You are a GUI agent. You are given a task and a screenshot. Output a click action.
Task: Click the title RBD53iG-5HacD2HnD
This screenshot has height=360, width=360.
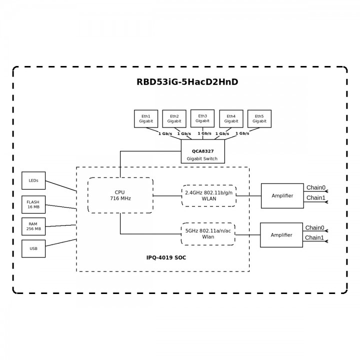(x=187, y=82)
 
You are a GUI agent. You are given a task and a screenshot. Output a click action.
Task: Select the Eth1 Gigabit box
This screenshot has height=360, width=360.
(x=146, y=118)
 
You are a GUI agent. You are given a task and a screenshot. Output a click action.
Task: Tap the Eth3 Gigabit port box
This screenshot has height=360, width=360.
(x=202, y=118)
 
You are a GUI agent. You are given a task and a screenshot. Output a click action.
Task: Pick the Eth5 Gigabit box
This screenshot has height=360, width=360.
(x=259, y=118)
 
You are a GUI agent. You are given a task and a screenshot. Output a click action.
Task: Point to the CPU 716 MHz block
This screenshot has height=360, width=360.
(x=120, y=195)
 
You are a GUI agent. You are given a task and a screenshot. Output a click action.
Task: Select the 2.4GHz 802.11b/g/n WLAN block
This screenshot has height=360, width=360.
(x=209, y=195)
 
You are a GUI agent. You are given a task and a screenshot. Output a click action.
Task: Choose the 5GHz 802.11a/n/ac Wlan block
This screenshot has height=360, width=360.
(x=208, y=233)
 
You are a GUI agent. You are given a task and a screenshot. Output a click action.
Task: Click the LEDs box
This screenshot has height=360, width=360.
(x=33, y=180)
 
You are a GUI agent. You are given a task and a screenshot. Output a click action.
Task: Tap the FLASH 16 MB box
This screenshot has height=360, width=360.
(x=33, y=204)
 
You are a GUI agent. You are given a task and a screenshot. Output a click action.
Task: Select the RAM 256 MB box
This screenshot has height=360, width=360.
(x=33, y=226)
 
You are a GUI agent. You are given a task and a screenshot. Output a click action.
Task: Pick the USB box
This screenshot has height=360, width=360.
(x=33, y=248)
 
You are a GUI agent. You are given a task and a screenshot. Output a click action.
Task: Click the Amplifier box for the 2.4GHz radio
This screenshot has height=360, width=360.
(x=282, y=195)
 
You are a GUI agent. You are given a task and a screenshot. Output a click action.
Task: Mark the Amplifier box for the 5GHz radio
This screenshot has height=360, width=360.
(x=281, y=235)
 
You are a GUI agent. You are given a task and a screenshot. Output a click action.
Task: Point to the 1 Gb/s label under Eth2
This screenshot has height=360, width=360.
(x=184, y=133)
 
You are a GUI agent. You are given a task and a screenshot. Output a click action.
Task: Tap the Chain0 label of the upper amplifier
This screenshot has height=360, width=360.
(x=315, y=188)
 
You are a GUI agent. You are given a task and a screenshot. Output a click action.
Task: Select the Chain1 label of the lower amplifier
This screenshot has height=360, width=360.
(x=314, y=237)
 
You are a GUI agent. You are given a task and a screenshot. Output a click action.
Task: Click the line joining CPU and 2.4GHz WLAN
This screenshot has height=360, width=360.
(x=167, y=195)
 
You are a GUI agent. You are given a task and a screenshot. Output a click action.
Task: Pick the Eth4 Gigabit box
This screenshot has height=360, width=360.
(x=231, y=118)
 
